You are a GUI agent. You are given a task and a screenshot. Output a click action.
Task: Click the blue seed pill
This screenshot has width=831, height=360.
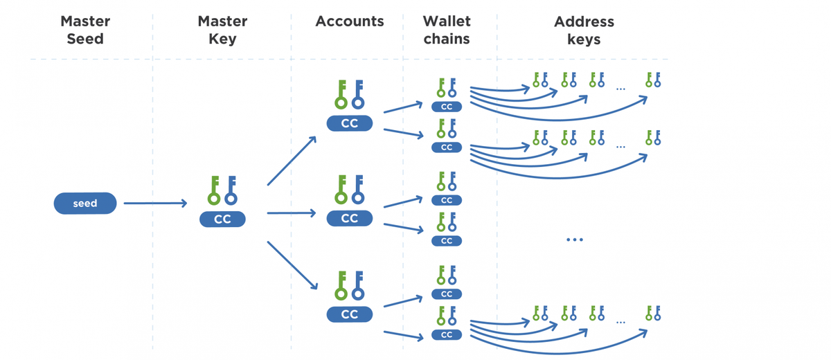[x=85, y=204]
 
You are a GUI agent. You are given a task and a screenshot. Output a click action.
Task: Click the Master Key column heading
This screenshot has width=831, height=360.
[x=222, y=30]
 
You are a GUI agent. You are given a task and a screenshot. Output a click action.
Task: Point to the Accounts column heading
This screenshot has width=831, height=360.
[x=349, y=21]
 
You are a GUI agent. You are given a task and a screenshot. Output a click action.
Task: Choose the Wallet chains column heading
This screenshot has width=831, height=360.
[x=447, y=30]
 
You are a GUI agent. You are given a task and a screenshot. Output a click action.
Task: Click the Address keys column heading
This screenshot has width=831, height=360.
[x=584, y=30]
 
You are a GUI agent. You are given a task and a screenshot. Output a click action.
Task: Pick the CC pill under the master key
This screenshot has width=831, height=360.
[x=222, y=219]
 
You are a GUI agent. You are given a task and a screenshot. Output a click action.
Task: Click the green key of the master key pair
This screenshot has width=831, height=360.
[x=213, y=190]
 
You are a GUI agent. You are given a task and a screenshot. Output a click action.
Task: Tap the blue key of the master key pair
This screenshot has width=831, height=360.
[x=231, y=190]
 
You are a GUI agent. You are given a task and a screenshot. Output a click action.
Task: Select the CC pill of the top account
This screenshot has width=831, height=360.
[x=350, y=124]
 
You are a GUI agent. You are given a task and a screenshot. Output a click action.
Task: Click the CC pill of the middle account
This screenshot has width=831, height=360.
[x=350, y=219]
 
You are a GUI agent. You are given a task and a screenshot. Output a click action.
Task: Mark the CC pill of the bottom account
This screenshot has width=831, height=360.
[x=350, y=314]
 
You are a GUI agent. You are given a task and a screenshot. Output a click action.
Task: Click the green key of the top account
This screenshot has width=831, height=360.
[x=341, y=95]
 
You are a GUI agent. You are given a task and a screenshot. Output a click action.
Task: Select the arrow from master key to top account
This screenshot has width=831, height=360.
[x=292, y=161]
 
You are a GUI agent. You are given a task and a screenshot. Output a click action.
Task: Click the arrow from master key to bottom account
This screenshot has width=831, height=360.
[x=292, y=266]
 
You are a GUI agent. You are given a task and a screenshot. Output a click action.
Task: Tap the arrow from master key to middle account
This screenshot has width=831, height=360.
[x=291, y=213]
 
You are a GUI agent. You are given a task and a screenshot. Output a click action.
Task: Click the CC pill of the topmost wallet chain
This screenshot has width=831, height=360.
[x=447, y=107]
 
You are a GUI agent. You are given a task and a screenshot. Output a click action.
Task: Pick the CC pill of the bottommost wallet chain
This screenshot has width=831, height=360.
[x=447, y=335]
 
